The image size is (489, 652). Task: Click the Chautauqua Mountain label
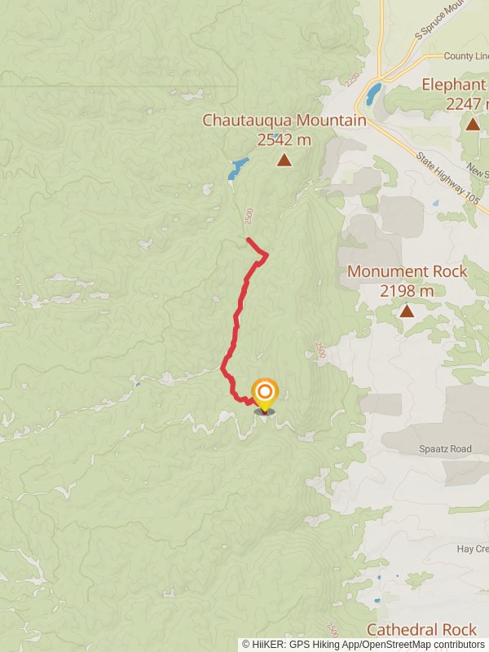pyautogui.click(x=284, y=121)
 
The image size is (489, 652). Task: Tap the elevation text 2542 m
pyautogui.click(x=284, y=139)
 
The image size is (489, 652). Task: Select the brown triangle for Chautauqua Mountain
pyautogui.click(x=284, y=160)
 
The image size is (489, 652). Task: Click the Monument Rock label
pyautogui.click(x=407, y=271)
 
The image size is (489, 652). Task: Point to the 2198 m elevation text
pyautogui.click(x=407, y=290)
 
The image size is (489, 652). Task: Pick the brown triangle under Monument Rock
pyautogui.click(x=407, y=311)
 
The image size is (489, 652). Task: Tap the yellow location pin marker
pyautogui.click(x=264, y=395)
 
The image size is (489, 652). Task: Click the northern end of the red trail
pyautogui.click(x=249, y=239)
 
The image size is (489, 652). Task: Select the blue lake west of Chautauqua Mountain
pyautogui.click(x=236, y=170)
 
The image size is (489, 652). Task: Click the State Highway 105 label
pyautogui.click(x=447, y=176)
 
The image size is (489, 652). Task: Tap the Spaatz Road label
pyautogui.click(x=445, y=449)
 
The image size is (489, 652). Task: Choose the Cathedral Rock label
pyautogui.click(x=421, y=629)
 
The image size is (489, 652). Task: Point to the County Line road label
pyautogui.click(x=466, y=56)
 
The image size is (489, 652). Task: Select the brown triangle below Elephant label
pyautogui.click(x=472, y=124)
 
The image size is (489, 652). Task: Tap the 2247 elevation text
pyautogui.click(x=466, y=104)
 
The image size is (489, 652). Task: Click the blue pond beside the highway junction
pyautogui.click(x=372, y=95)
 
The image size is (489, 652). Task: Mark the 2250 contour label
pyautogui.click(x=351, y=80)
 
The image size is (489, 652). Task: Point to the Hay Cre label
pyautogui.click(x=472, y=549)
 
